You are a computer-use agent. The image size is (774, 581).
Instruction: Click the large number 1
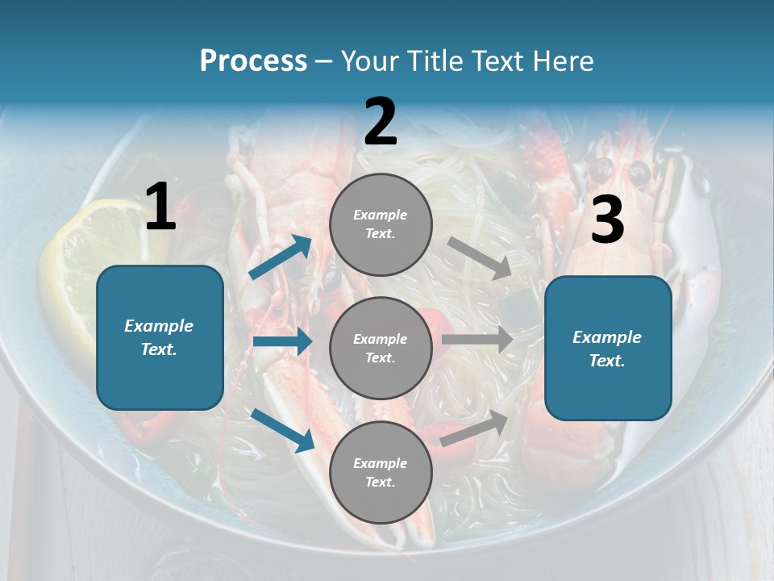click(160, 207)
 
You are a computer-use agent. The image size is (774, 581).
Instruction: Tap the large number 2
click(381, 122)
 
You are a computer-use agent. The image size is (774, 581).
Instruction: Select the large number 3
click(607, 220)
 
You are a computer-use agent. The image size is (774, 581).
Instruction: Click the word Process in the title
click(253, 61)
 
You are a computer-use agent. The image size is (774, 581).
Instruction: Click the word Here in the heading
click(564, 61)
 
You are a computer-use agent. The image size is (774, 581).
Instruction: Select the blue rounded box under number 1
click(160, 337)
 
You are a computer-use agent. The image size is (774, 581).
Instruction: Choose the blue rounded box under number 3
click(608, 348)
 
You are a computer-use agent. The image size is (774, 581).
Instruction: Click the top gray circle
click(381, 224)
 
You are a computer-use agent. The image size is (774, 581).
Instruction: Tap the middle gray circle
click(381, 348)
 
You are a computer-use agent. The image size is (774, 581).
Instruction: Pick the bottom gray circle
click(381, 472)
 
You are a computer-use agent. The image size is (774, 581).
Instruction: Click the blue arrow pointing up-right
click(281, 257)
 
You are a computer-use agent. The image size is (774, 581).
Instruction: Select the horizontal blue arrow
click(282, 341)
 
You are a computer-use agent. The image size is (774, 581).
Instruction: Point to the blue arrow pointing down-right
click(282, 429)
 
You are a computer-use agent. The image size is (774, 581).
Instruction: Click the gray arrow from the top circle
click(479, 258)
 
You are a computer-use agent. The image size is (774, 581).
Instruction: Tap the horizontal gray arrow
click(477, 340)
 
